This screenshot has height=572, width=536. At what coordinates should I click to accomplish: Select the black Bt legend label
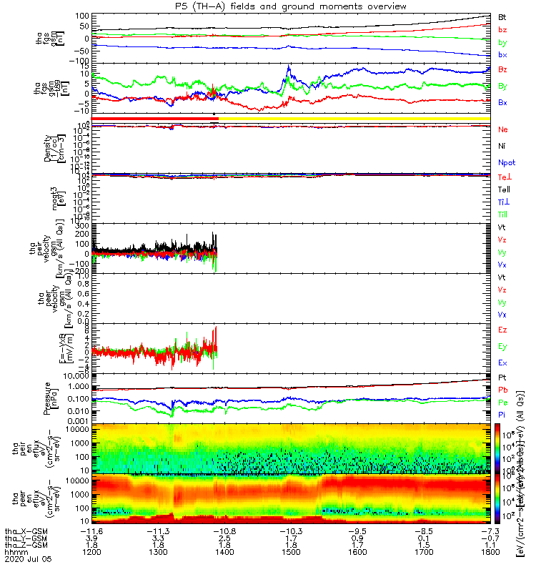point(502,16)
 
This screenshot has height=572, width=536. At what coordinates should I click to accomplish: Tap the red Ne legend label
point(502,129)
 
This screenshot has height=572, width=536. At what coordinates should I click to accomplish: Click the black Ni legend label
point(502,146)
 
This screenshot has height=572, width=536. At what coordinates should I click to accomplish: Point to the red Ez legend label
point(502,330)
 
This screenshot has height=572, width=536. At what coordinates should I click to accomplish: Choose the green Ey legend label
point(502,346)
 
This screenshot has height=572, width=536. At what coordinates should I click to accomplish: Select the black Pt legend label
point(502,377)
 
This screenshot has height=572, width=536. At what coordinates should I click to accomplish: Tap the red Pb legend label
point(502,390)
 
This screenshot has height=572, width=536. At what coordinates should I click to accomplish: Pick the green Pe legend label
point(502,403)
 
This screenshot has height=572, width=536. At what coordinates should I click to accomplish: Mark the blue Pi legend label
point(502,415)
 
